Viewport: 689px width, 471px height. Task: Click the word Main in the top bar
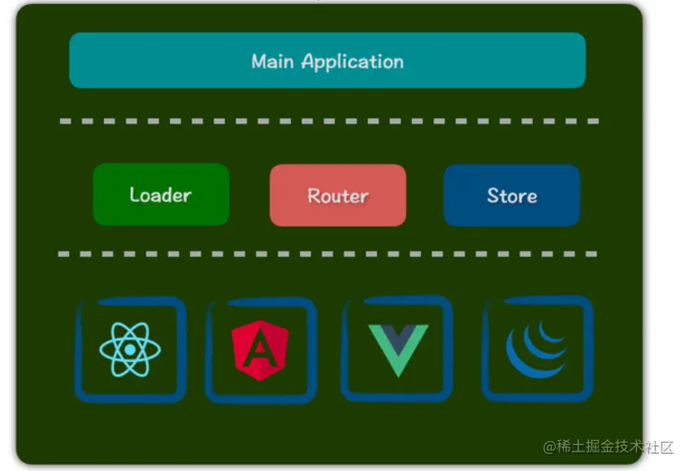coord(273,62)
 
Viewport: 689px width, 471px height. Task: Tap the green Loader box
coord(161,194)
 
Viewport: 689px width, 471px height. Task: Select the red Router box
coord(337,196)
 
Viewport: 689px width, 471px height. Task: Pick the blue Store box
coord(512,196)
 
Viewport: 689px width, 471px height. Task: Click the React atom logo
coord(130,349)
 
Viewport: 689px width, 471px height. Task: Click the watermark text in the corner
coord(609,447)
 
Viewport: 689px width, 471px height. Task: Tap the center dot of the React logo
coord(130,349)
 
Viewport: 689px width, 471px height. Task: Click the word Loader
coord(161,195)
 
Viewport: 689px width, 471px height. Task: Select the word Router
coord(337,197)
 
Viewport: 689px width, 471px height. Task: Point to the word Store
coord(512,196)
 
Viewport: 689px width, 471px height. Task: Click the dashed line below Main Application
coord(329,122)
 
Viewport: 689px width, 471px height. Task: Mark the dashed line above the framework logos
coord(329,254)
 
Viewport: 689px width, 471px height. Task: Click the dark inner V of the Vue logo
coord(397,336)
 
